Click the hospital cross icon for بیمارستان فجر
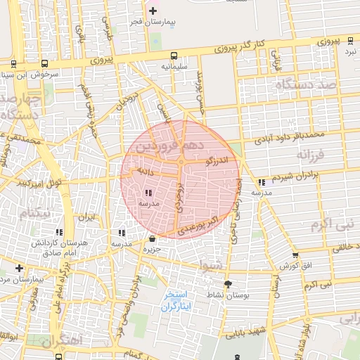coord(153,11)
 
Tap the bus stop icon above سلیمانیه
coord(173,56)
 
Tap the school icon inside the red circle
coord(148,193)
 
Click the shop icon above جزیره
coord(152,239)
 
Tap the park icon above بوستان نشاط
coord(227,284)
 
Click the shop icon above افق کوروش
coord(295,255)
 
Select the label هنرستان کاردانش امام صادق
coord(49,247)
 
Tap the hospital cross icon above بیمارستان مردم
coord(19,268)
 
